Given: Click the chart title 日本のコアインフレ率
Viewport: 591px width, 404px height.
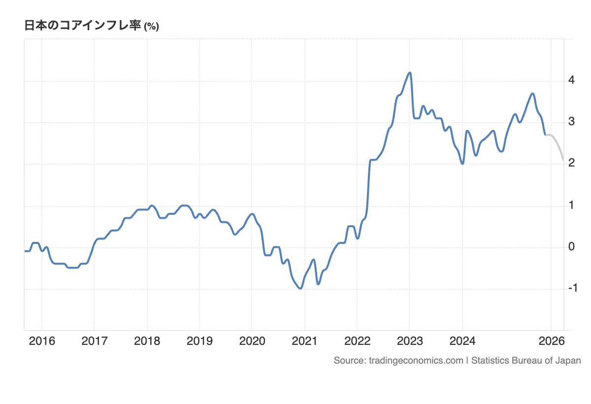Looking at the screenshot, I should (83, 26).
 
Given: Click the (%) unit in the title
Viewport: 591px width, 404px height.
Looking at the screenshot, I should (151, 27).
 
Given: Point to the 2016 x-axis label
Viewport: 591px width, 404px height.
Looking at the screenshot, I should (42, 341).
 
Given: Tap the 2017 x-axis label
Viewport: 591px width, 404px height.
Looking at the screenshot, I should (94, 341).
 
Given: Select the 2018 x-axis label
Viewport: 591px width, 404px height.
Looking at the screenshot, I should (147, 341).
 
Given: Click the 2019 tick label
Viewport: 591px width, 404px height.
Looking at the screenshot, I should (199, 341).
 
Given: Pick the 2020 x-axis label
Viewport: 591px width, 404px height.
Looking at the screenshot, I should (252, 341).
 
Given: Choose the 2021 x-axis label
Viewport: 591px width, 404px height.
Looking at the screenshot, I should (304, 341).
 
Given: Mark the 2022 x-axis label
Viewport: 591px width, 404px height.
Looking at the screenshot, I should (357, 341).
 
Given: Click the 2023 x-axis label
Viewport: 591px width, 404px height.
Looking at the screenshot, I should (410, 341).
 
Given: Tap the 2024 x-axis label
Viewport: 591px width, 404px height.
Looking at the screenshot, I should (462, 341).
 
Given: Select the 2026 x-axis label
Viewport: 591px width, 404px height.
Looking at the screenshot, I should (552, 341).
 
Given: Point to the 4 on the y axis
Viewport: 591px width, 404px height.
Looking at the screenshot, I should (571, 80).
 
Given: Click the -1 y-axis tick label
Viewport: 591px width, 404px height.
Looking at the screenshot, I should (572, 288).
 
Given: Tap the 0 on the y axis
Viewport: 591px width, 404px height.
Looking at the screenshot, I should (571, 246).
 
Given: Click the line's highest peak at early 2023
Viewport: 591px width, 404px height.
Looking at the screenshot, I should (409, 73).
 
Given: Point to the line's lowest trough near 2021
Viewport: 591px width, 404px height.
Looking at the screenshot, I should (300, 288).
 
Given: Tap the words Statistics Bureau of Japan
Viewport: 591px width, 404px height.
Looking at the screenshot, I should (526, 361).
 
